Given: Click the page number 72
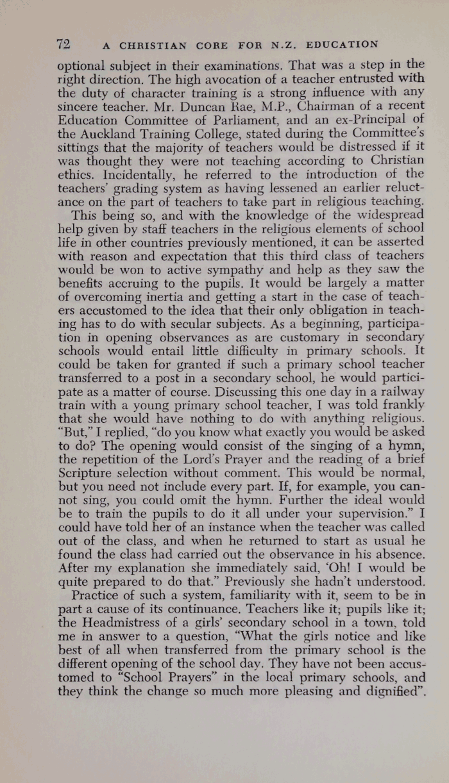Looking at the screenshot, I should (x=63, y=44).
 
